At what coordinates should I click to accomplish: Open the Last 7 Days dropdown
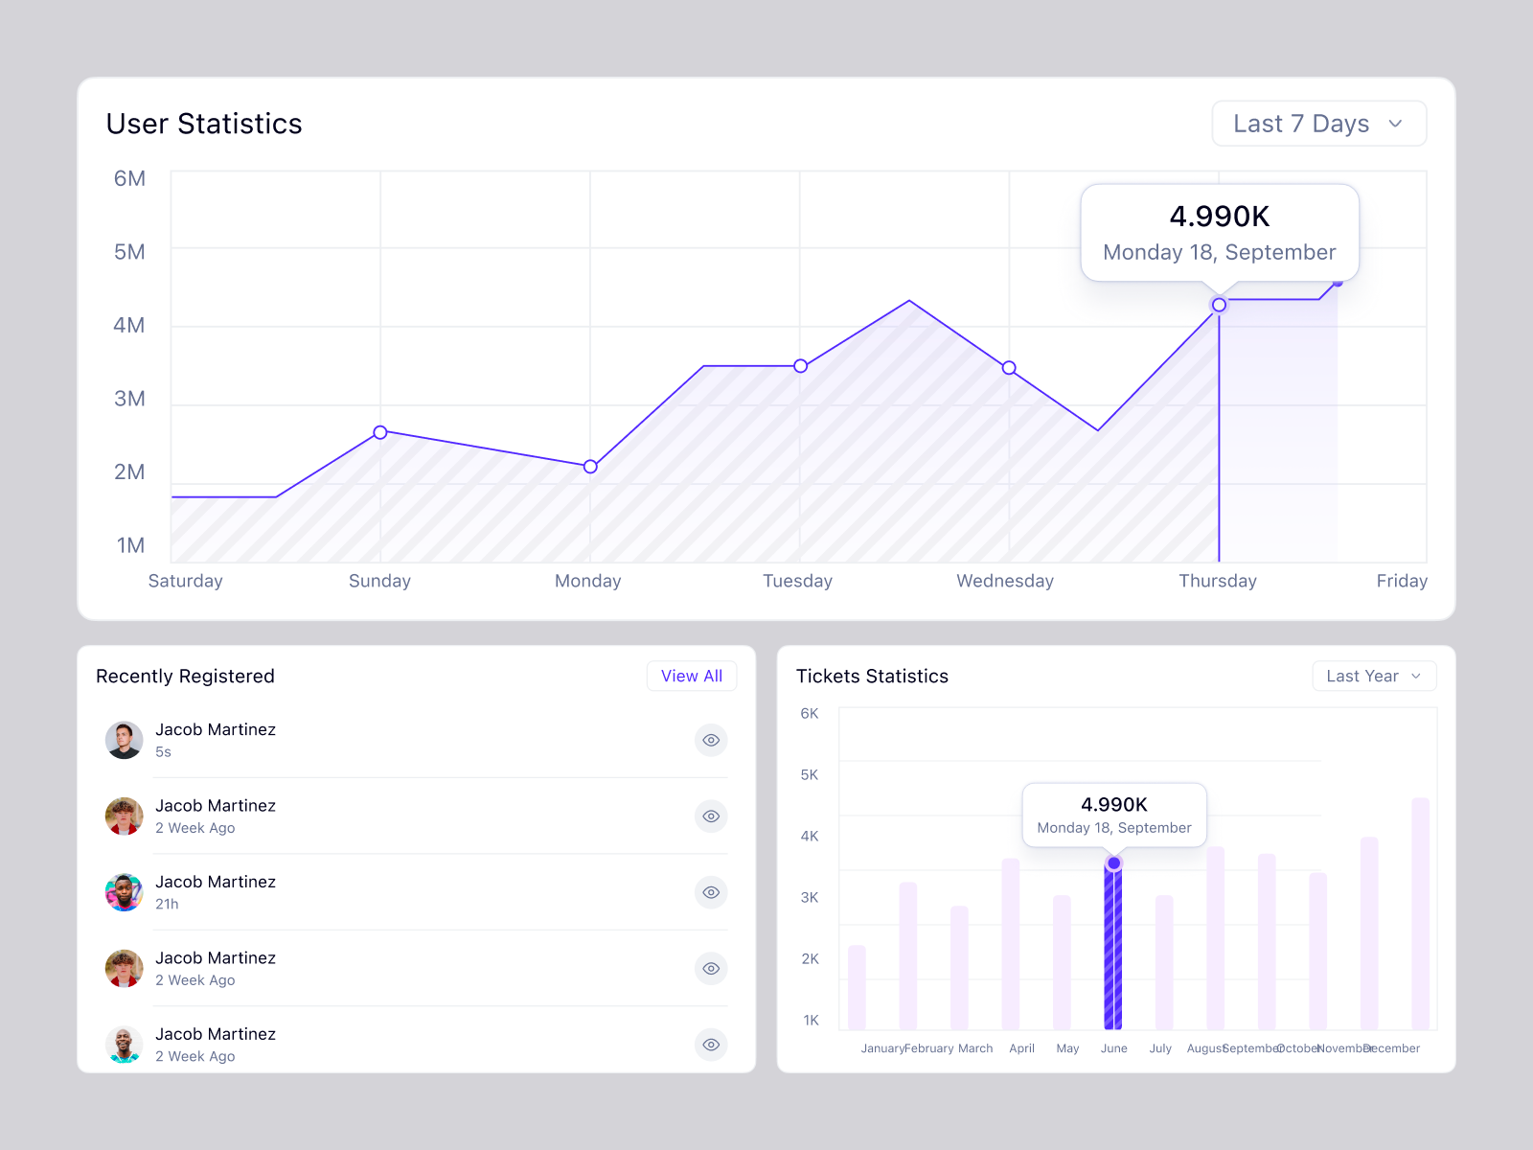(x=1318, y=124)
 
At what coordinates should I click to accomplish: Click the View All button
(x=691, y=676)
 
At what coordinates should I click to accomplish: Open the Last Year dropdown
(x=1373, y=676)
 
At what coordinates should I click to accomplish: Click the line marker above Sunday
(x=380, y=432)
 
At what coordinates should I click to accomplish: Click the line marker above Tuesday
(x=800, y=366)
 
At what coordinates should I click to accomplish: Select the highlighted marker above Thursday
(x=1219, y=305)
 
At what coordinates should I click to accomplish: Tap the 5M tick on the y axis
(x=129, y=252)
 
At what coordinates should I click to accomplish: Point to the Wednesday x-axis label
(x=1004, y=581)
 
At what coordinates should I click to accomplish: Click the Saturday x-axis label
(x=185, y=581)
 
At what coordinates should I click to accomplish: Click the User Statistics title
(x=204, y=124)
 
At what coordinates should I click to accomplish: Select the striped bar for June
(x=1113, y=949)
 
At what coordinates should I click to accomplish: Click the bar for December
(x=1420, y=915)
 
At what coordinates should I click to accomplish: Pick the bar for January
(x=857, y=987)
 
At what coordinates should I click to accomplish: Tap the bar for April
(x=1011, y=944)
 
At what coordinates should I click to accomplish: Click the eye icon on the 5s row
(x=711, y=740)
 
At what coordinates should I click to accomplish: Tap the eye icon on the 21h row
(x=711, y=892)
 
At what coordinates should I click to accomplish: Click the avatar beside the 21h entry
(x=124, y=892)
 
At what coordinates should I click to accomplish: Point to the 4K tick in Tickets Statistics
(x=810, y=836)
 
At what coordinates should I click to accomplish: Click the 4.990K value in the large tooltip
(x=1219, y=217)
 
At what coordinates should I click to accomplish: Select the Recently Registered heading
(x=185, y=676)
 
